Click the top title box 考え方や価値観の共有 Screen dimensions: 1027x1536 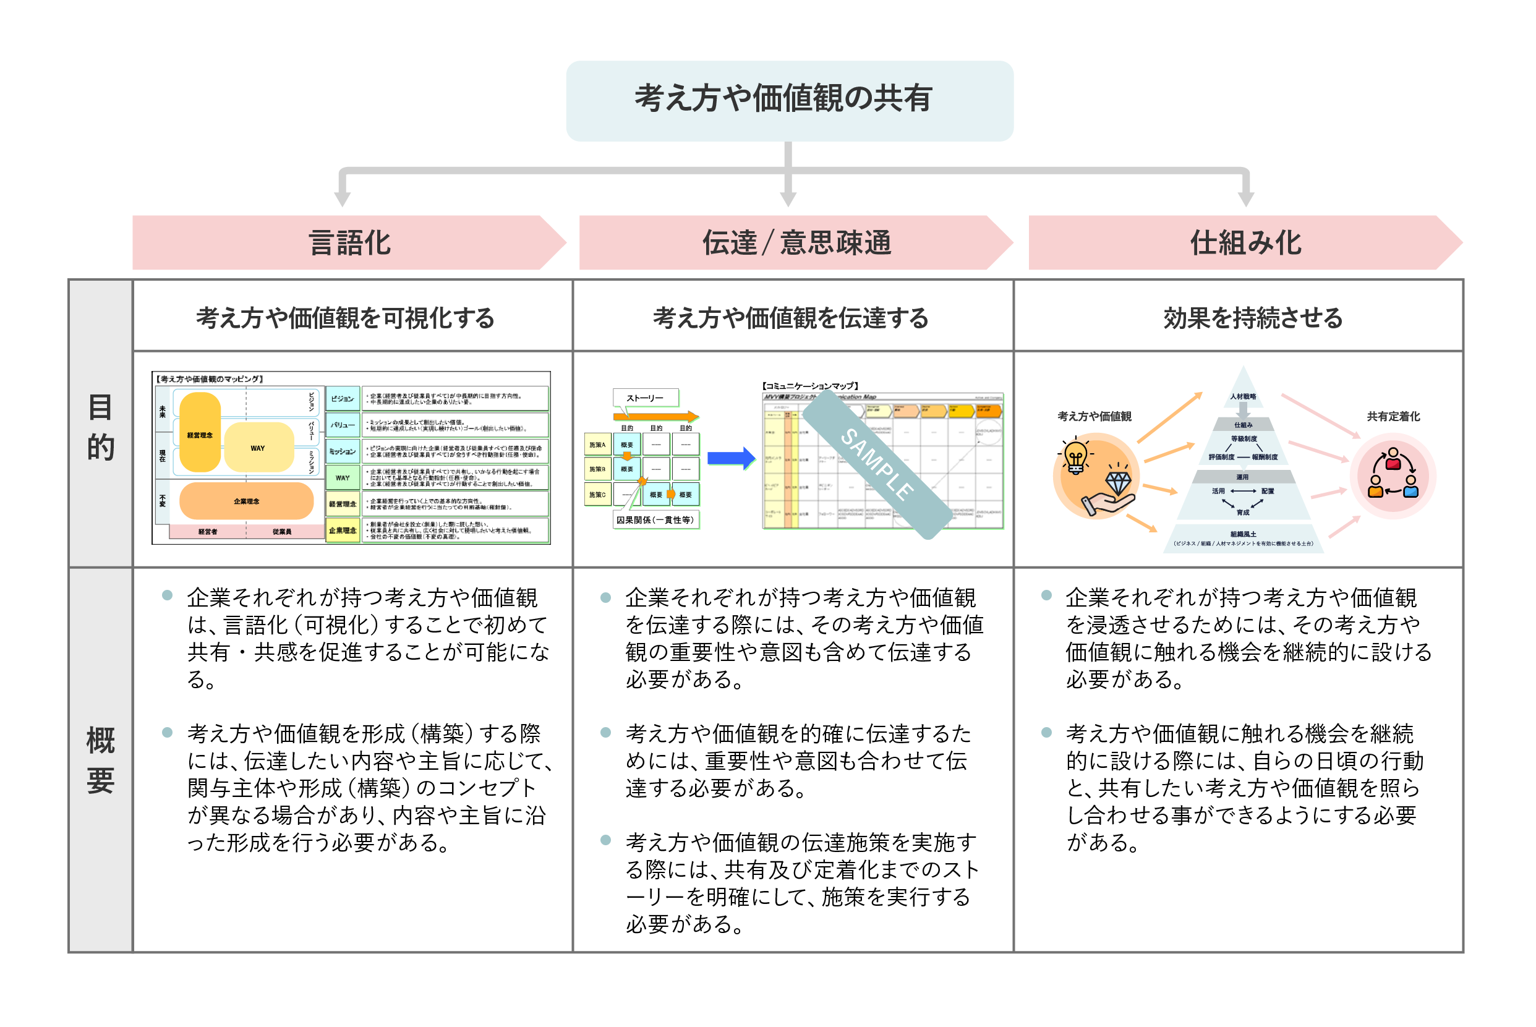click(x=789, y=100)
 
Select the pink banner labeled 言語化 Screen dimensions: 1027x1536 click(x=349, y=243)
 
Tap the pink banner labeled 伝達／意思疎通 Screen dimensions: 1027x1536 click(x=796, y=243)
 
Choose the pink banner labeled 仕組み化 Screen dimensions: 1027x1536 click(x=1245, y=243)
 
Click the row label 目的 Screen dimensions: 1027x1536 click(x=100, y=427)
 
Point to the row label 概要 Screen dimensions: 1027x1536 click(x=100, y=760)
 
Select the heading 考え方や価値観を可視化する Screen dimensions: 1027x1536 click(x=346, y=318)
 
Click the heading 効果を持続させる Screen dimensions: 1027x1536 click(x=1252, y=318)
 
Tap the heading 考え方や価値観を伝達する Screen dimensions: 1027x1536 click(x=791, y=318)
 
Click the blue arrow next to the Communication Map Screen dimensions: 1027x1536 click(x=730, y=458)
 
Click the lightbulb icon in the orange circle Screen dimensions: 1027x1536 click(x=1075, y=456)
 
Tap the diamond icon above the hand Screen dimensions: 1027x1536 click(x=1118, y=482)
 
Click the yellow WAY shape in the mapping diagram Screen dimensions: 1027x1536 click(x=258, y=448)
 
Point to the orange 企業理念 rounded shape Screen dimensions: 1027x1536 click(x=246, y=501)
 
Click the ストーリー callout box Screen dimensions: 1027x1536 click(x=645, y=398)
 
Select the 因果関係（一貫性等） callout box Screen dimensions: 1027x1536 click(x=655, y=520)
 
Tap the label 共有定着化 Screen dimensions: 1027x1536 click(x=1393, y=417)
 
